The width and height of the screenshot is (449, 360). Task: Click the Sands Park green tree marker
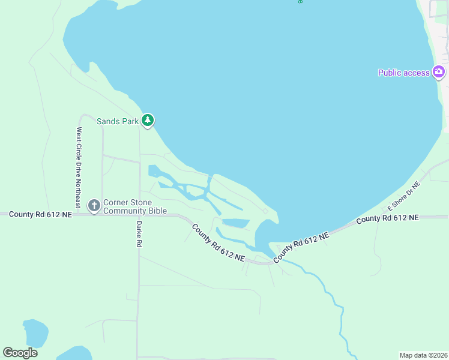click(148, 121)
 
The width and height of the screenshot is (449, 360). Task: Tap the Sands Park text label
click(118, 121)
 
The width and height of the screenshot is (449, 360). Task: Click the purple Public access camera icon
click(439, 73)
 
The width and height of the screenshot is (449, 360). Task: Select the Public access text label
click(403, 73)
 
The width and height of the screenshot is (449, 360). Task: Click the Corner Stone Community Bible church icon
click(94, 206)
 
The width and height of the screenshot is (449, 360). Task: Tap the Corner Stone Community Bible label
click(134, 206)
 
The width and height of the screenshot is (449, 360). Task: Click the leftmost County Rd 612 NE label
click(40, 214)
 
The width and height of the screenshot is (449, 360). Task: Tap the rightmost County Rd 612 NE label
click(387, 218)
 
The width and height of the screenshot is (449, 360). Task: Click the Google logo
click(20, 353)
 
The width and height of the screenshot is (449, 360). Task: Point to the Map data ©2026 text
click(424, 355)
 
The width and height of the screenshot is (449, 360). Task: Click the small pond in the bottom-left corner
click(35, 333)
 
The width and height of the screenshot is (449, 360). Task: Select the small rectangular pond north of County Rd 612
click(236, 223)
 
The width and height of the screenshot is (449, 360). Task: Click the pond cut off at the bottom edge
click(74, 354)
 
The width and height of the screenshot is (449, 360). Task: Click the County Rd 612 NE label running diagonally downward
click(218, 242)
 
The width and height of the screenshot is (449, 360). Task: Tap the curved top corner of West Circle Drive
click(83, 115)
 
